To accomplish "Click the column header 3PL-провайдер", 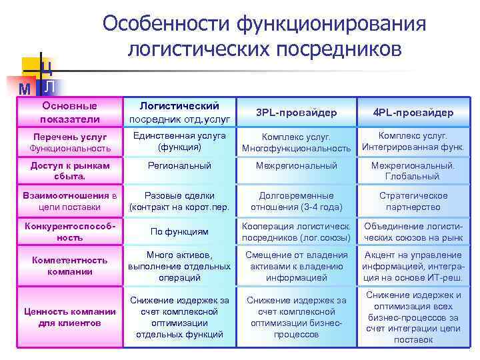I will coord(296,113).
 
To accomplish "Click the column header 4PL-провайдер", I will coord(413,113).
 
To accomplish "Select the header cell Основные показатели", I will coord(69,113).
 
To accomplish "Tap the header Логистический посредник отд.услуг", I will coord(179,113).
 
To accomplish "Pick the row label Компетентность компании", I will coord(69,266).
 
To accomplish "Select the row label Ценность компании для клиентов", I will coord(69,317).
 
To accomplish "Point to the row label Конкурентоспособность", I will coord(69,231).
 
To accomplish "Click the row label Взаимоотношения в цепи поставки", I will coord(69,201).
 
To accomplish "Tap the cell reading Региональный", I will coord(179,165).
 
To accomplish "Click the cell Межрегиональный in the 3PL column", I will coord(296,165).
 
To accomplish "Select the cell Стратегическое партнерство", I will coord(413,201).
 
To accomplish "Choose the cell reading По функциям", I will coord(179,231).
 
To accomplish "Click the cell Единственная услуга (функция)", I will coord(179,141).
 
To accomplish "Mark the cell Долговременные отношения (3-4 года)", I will coord(296,201).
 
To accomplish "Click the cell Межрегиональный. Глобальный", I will coord(413,171).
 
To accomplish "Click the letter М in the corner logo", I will coord(25,89).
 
